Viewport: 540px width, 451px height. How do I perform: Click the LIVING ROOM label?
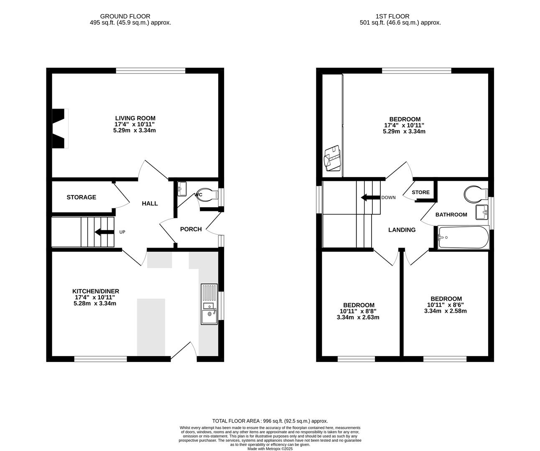(135, 118)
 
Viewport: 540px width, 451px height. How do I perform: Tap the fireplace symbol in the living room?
(59, 129)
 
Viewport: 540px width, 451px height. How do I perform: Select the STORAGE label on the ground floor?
(81, 197)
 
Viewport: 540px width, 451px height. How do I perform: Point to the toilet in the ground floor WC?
(207, 195)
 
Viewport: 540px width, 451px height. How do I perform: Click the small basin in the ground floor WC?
(181, 188)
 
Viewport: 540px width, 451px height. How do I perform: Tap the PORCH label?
(191, 229)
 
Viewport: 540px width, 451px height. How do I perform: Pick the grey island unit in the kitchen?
(151, 327)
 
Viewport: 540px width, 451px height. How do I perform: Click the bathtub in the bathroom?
(463, 238)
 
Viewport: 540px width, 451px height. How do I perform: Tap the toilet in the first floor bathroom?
(475, 194)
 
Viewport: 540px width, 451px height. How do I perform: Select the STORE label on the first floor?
(420, 193)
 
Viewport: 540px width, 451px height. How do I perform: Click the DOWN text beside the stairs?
(388, 198)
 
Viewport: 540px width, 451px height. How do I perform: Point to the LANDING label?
(402, 230)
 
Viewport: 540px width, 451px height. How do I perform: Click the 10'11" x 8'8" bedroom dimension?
(359, 311)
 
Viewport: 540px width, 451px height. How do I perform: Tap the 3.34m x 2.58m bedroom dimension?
(446, 311)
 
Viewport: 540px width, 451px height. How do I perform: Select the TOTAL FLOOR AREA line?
(270, 421)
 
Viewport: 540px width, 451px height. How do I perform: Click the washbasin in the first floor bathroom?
(482, 212)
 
